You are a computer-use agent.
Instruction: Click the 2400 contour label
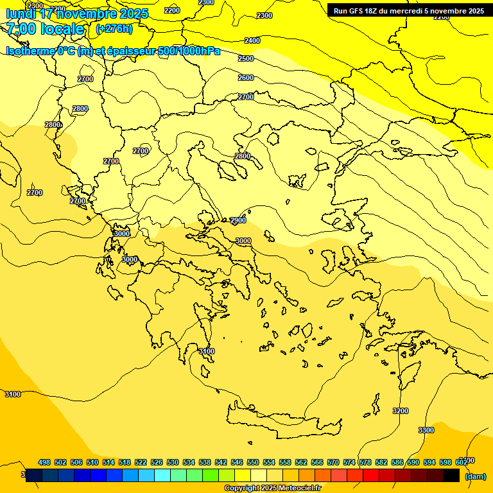[x=252, y=40]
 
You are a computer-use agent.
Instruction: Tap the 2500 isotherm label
[x=246, y=58]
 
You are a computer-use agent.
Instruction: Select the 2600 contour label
[x=246, y=78]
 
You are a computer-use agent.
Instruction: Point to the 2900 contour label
[x=238, y=220]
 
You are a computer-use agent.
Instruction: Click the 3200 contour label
[x=400, y=411]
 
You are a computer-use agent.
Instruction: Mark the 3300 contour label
[x=426, y=430]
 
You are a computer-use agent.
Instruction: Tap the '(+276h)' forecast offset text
[x=114, y=29]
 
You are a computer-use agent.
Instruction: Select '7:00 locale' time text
[x=46, y=29]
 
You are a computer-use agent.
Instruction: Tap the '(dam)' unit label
[x=475, y=476]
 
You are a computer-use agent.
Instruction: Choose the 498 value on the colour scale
[x=44, y=462]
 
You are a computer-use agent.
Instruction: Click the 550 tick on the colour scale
[x=253, y=462]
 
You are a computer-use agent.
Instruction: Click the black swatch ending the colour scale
[x=451, y=475]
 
